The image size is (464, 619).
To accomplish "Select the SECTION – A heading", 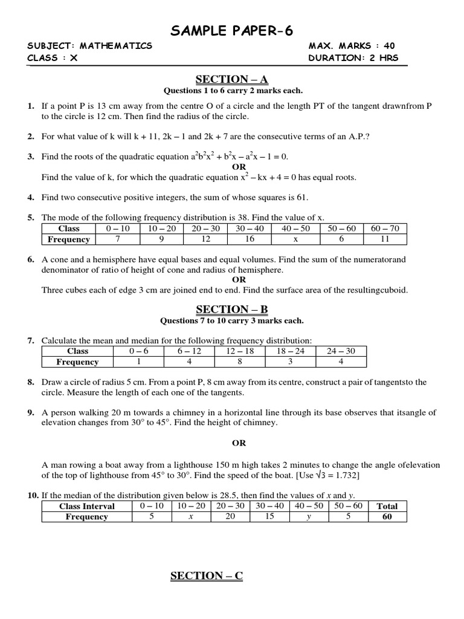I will [231, 79].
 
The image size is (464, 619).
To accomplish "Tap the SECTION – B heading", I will [231, 309].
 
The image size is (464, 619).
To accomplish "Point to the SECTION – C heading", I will [207, 575].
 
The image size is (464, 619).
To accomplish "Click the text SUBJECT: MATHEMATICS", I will [90, 46].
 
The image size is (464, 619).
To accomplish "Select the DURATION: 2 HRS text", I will [353, 58].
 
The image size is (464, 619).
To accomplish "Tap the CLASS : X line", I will [53, 58].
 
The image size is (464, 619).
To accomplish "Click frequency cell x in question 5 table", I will [296, 239].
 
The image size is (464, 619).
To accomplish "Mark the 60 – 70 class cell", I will [385, 228].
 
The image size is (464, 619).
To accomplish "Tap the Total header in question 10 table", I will [387, 506].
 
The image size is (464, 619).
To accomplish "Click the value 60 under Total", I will [387, 517].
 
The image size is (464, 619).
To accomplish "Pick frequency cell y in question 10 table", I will [308, 517].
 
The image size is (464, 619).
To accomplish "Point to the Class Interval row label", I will [87, 506].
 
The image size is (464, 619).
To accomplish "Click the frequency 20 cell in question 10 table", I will [230, 517].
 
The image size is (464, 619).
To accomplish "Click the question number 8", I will [31, 382].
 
